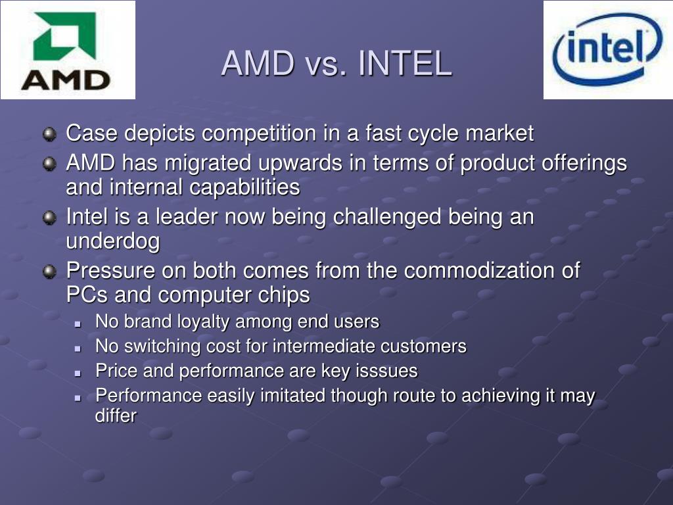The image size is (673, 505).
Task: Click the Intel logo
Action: click(608, 50)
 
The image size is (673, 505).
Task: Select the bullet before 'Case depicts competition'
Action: click(50, 135)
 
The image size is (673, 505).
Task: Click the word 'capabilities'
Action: click(244, 187)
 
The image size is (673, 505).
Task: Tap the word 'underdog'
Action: click(112, 241)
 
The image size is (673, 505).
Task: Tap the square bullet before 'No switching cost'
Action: click(78, 347)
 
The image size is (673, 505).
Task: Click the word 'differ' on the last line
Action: click(116, 416)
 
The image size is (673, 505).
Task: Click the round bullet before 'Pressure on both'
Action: click(50, 271)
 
